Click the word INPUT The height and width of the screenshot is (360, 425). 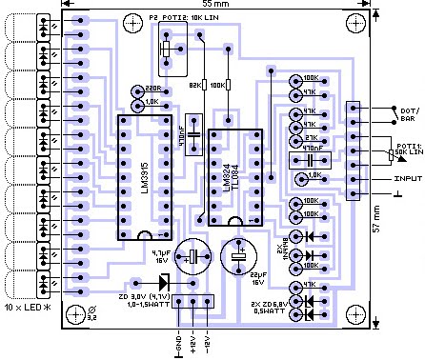405,177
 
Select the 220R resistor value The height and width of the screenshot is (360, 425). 152,90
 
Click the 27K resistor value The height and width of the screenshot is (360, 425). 310,137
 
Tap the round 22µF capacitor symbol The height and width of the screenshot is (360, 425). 238,255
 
